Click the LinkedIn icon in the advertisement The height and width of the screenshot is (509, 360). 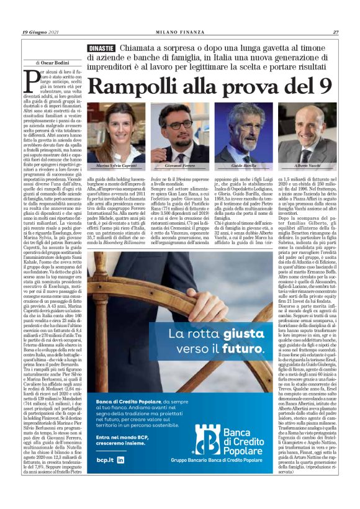click(x=120, y=477)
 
